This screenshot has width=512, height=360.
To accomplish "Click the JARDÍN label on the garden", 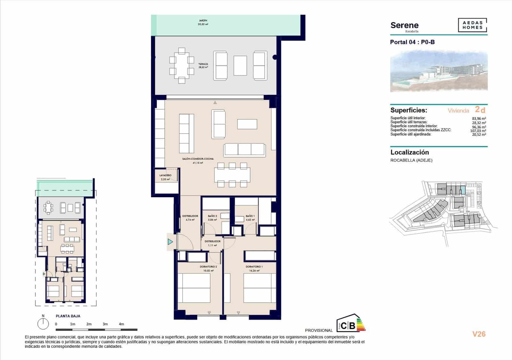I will [x=203, y=21].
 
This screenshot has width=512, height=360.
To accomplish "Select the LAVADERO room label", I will [x=165, y=176].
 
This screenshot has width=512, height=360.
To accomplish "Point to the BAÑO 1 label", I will [x=250, y=216].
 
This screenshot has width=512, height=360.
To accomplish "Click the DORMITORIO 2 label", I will [x=208, y=267].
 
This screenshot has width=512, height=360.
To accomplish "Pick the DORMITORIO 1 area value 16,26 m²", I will [x=254, y=271].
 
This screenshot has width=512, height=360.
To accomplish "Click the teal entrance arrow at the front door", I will [x=170, y=242].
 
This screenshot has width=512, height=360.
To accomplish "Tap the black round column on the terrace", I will [x=275, y=58].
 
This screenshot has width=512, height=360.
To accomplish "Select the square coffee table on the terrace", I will [x=240, y=66].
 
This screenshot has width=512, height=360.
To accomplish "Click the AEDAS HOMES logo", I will [x=472, y=25].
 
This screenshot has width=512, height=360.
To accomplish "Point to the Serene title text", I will [x=404, y=25].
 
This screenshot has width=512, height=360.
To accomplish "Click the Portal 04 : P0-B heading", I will [x=412, y=42].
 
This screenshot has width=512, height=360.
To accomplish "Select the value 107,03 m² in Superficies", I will [x=478, y=131].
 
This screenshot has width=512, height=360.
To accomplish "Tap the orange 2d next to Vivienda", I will [x=480, y=110].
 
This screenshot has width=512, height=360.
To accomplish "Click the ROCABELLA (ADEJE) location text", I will [x=411, y=160].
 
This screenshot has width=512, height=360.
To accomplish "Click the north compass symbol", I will [x=43, y=324].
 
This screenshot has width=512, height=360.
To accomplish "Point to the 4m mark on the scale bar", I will [x=121, y=324].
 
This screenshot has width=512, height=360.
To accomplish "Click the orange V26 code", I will [x=479, y=334].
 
